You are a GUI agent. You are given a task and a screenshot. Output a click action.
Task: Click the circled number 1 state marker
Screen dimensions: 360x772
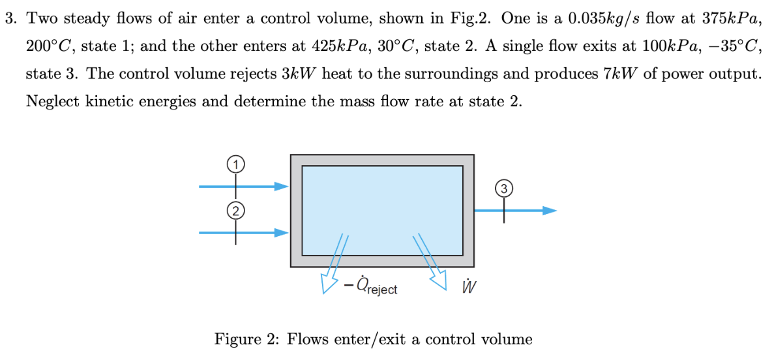(236, 164)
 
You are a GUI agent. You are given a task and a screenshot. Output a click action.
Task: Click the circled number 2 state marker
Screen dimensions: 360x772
(236, 209)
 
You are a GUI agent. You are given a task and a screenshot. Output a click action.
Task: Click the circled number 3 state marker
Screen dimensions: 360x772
(503, 188)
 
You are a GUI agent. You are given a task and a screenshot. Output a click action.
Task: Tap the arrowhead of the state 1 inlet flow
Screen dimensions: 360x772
(281, 187)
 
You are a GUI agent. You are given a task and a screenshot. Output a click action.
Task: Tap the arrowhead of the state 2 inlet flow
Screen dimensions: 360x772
(281, 232)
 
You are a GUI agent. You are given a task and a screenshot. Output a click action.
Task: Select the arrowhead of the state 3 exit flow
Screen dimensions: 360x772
(550, 211)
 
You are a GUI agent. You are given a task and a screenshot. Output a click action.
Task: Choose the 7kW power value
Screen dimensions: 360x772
(619, 74)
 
